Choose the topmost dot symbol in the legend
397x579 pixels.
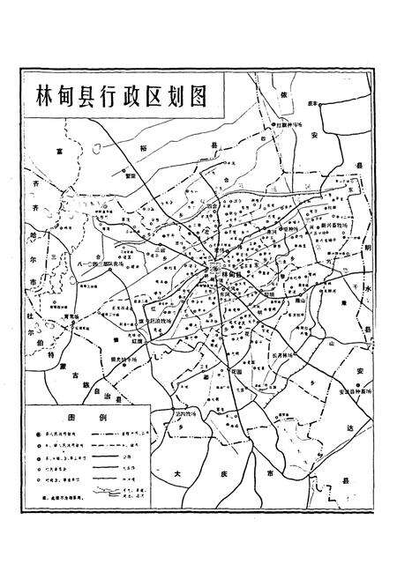pos(39,435)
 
